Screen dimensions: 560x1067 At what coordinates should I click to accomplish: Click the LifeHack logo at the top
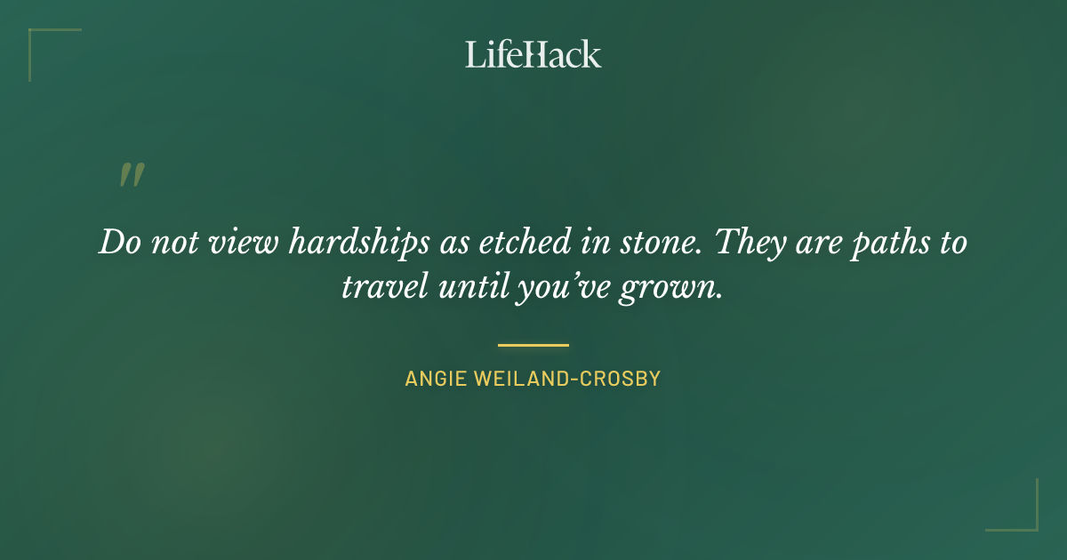tap(533, 54)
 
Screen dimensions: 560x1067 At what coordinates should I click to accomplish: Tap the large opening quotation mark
tap(132, 175)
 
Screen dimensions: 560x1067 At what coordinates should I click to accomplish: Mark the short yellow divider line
tap(533, 345)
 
